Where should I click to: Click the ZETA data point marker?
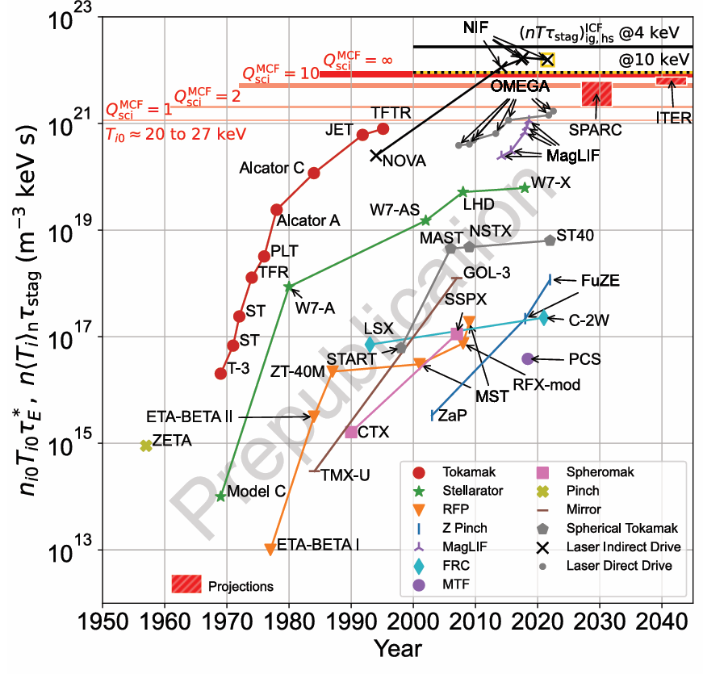click(146, 446)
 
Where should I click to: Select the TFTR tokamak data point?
click(383, 129)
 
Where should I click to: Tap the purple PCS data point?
click(528, 358)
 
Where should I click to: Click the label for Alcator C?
click(271, 168)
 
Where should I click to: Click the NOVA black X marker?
click(376, 155)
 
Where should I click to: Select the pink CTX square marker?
click(351, 433)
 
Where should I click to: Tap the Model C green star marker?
click(220, 496)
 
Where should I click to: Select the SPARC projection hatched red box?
click(596, 94)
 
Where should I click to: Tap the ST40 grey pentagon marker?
click(550, 240)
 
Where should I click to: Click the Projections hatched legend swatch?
click(186, 584)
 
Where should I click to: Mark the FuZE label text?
click(600, 281)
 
